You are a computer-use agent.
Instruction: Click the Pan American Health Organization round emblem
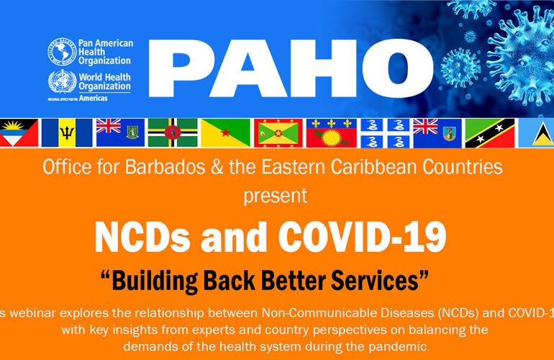[x=60, y=51]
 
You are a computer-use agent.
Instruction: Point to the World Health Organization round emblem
[x=60, y=81]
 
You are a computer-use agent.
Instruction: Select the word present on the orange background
[x=276, y=194]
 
